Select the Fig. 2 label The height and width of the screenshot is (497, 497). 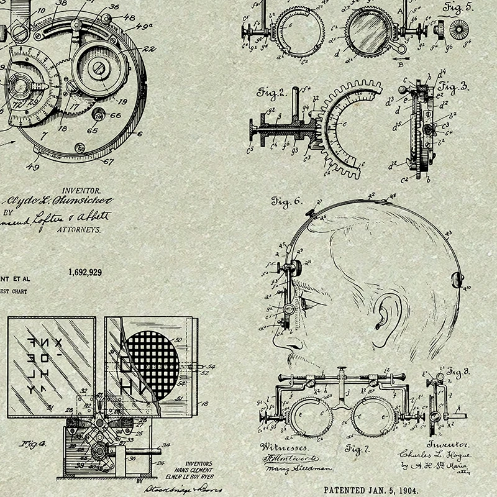(271, 93)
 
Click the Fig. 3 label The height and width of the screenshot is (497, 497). (454, 87)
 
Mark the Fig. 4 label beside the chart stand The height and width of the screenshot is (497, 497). (33, 444)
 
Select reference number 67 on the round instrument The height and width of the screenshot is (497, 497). (109, 162)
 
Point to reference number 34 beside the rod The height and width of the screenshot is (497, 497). (166, 445)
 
